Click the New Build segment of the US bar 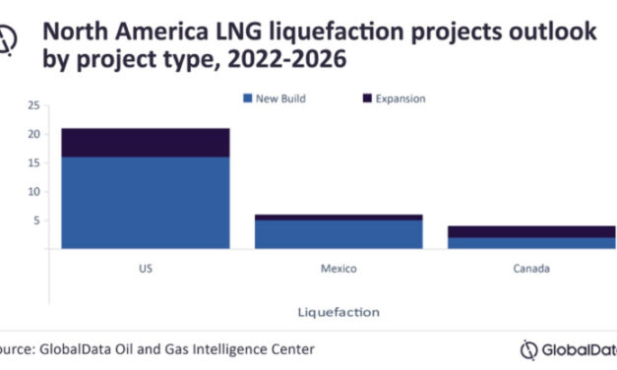tap(145, 203)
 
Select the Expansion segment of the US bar tap(145, 143)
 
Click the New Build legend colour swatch tap(247, 97)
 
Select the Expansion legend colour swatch tap(368, 97)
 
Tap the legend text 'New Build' tap(280, 97)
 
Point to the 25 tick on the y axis tap(33, 105)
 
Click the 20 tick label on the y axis tap(33, 134)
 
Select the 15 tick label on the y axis tap(33, 163)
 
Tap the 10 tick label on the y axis tap(33, 192)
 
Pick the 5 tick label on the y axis tap(36, 221)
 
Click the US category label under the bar tap(145, 267)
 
